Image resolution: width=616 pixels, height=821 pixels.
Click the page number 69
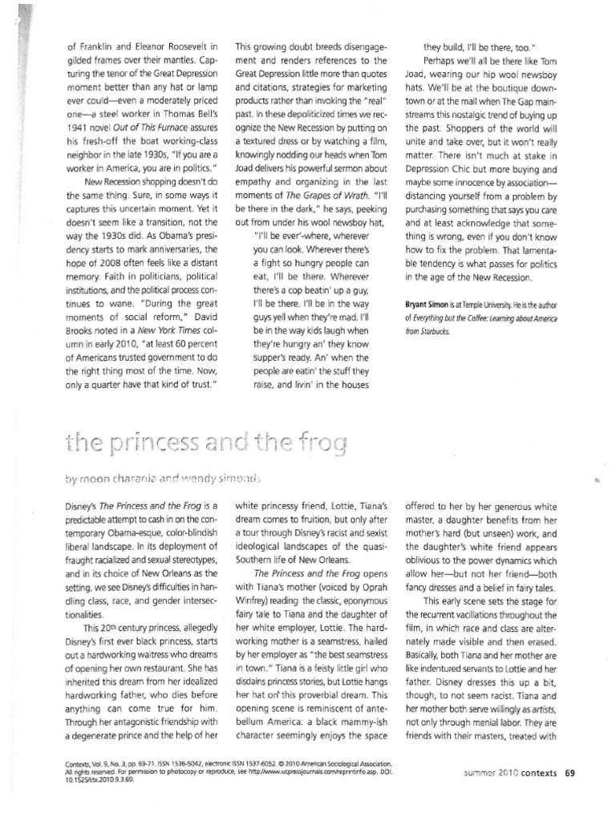pyautogui.click(x=569, y=774)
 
